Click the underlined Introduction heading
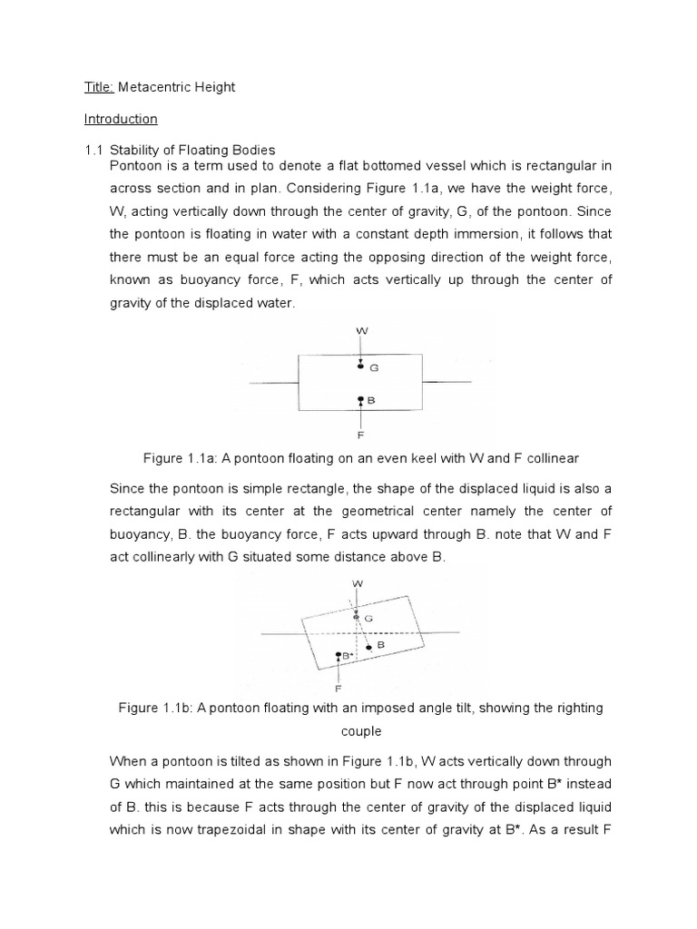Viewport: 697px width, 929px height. pos(121,119)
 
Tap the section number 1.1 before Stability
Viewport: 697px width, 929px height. pos(94,150)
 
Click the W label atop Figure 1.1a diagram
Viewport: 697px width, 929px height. pos(361,332)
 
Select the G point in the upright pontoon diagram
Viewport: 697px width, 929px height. pos(361,367)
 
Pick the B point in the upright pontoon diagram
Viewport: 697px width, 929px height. pos(361,399)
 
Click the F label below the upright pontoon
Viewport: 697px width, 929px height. pos(361,435)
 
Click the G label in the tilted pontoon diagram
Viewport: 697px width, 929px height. pos(368,617)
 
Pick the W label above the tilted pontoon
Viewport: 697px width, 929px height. pos(358,582)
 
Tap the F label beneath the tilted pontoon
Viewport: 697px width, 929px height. pos(339,688)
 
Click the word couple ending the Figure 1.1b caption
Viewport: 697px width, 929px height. pos(361,730)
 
